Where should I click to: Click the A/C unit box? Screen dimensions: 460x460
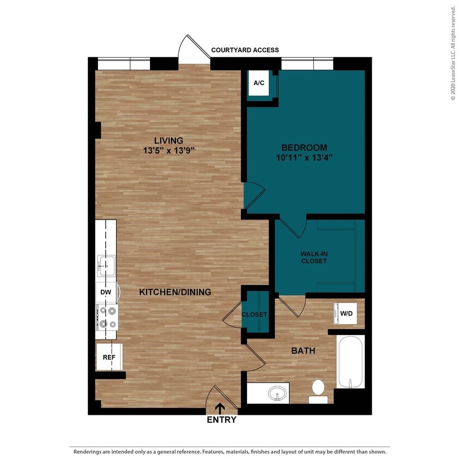coord(259,83)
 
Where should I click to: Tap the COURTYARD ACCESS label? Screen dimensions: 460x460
coord(245,50)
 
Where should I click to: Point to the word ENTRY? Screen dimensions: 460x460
coord(221,420)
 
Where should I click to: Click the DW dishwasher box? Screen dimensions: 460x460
coord(106,293)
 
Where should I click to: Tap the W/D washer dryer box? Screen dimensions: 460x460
coord(346,314)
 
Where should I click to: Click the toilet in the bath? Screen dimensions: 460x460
coord(318,390)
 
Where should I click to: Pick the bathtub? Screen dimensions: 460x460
coord(350,362)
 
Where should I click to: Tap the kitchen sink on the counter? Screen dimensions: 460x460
coord(106,265)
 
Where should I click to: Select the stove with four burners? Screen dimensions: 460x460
coord(107,317)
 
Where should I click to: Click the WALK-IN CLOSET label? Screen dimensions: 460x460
coord(314,257)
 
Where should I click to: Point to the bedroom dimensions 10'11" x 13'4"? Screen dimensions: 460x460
coord(304,157)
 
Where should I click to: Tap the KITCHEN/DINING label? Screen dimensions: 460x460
coord(175,292)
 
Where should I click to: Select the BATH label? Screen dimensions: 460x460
coord(303,351)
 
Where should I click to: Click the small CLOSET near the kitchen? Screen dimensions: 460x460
coord(255,314)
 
